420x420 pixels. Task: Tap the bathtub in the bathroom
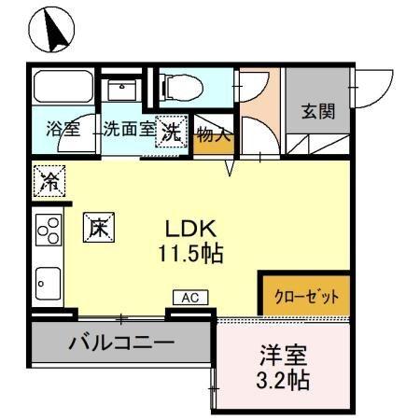63,90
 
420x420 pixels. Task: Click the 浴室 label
63,130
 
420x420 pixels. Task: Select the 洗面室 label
129,130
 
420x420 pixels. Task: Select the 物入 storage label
213,134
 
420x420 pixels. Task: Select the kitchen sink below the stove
49,281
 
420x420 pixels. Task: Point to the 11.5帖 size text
194,252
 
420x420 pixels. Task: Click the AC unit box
189,298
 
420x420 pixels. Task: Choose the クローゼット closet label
306,297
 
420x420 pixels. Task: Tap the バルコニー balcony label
120,343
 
